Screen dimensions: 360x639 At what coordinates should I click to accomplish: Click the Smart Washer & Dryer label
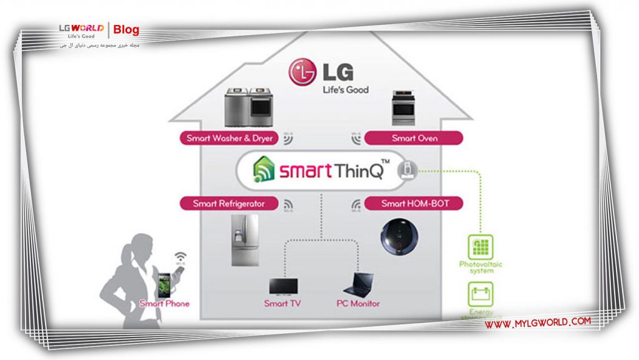[x=228, y=138]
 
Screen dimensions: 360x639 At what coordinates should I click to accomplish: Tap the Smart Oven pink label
[x=414, y=138]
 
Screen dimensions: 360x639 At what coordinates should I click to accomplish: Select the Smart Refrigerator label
[x=228, y=203]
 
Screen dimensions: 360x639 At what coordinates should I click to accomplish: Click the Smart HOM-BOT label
[x=414, y=203]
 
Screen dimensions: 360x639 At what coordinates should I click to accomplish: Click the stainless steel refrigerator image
[x=244, y=240]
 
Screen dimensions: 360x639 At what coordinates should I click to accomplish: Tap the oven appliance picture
[x=404, y=108]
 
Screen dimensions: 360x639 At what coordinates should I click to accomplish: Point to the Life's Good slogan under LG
[x=345, y=89]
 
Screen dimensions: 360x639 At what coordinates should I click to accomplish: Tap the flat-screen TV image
[x=283, y=285]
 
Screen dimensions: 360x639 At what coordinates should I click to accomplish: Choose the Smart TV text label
[x=283, y=304]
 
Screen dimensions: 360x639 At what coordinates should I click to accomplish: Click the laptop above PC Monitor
[x=358, y=285]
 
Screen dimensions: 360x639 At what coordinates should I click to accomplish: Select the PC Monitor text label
[x=358, y=304]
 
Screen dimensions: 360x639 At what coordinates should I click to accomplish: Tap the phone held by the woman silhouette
[x=165, y=284]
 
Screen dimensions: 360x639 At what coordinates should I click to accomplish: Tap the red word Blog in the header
[x=127, y=30]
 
